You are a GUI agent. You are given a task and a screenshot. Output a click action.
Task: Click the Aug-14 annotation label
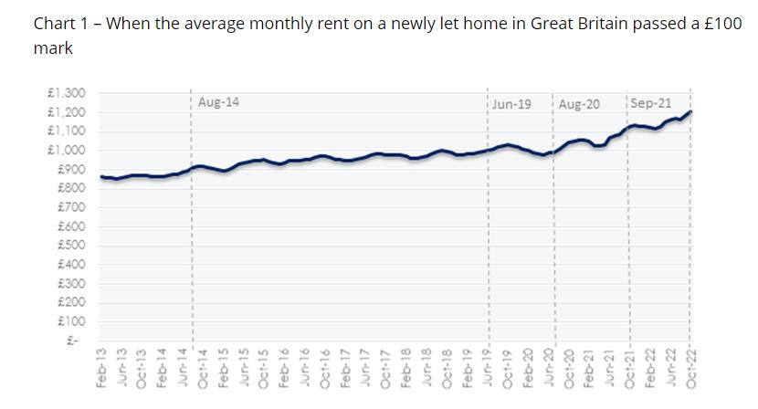pyautogui.click(x=218, y=102)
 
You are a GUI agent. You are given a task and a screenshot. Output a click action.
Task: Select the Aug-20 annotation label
pyautogui.click(x=579, y=104)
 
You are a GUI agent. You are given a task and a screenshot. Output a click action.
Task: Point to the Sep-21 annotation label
pyautogui.click(x=650, y=103)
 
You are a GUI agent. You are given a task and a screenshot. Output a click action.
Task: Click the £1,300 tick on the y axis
pyautogui.click(x=65, y=93)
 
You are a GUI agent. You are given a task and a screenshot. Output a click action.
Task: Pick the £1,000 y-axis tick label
pyautogui.click(x=65, y=150)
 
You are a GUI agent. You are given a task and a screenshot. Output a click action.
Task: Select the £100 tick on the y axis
pyautogui.click(x=70, y=320)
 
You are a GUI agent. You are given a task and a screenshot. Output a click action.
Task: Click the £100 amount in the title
pyautogui.click(x=723, y=24)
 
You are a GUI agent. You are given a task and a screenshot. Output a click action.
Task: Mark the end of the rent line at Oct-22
pyautogui.click(x=690, y=111)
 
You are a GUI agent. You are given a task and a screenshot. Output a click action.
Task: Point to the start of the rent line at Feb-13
pyautogui.click(x=101, y=176)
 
